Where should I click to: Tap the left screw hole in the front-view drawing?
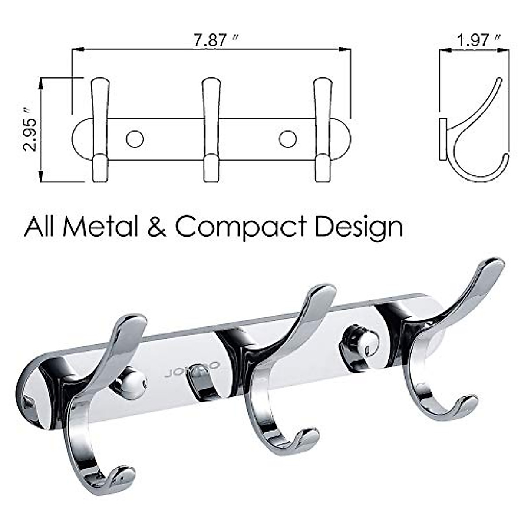(x=135, y=138)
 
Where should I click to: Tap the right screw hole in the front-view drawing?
(x=288, y=138)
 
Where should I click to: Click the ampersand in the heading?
(x=156, y=227)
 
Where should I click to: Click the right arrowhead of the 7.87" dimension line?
(x=347, y=50)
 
